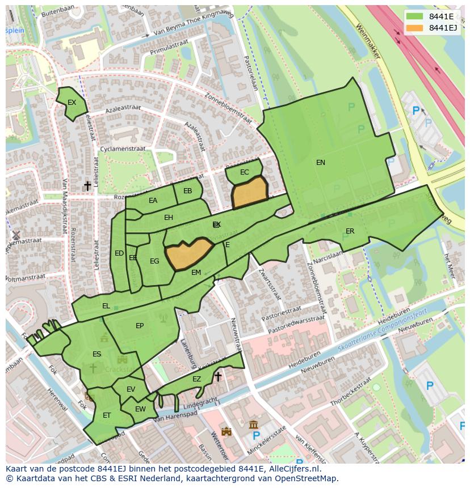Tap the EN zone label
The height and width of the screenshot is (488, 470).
click(321, 163)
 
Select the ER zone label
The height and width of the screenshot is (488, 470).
click(350, 231)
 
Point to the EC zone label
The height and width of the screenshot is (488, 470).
click(245, 172)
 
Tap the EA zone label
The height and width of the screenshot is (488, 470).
click(153, 201)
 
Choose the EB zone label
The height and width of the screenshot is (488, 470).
click(187, 191)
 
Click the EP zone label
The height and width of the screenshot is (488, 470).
click(140, 326)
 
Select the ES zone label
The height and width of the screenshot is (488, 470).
click(96, 354)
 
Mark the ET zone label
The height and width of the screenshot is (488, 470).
click(107, 415)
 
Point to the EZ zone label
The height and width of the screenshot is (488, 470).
click(196, 379)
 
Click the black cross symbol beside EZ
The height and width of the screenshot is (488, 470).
click(217, 376)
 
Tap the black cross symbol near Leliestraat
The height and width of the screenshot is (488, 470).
click(87, 186)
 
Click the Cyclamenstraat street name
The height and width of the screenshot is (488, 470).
click(122, 149)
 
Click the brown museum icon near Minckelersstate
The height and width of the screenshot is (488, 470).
click(253, 425)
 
